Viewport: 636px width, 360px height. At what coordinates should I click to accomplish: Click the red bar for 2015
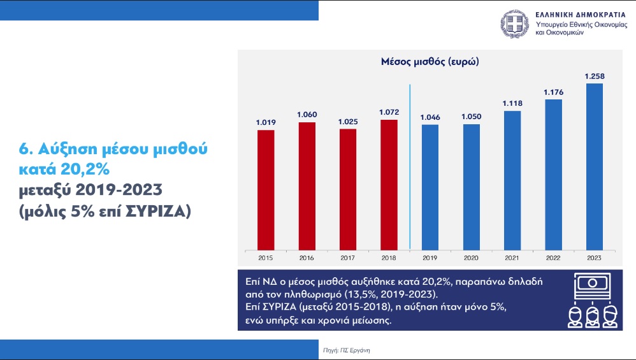(x=266, y=189)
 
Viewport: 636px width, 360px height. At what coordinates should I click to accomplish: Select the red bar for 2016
(x=307, y=185)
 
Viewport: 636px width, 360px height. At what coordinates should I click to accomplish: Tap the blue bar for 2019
(x=430, y=187)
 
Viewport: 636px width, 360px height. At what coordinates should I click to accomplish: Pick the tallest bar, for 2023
(x=595, y=166)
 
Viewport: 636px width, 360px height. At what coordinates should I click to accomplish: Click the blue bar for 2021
(x=512, y=180)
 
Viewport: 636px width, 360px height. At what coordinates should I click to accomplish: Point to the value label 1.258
(x=595, y=76)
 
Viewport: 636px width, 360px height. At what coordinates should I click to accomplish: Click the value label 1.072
(x=389, y=112)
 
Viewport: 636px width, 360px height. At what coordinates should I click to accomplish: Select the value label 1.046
(x=430, y=117)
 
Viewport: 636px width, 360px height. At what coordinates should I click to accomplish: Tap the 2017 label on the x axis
(x=348, y=258)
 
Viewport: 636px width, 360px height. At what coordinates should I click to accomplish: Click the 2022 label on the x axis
(x=553, y=258)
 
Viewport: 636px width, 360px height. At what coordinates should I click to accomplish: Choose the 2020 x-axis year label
(x=471, y=258)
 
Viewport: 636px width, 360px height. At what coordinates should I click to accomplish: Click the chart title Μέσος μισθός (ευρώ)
(x=430, y=62)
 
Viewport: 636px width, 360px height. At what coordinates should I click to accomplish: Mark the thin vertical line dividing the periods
(x=409, y=166)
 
